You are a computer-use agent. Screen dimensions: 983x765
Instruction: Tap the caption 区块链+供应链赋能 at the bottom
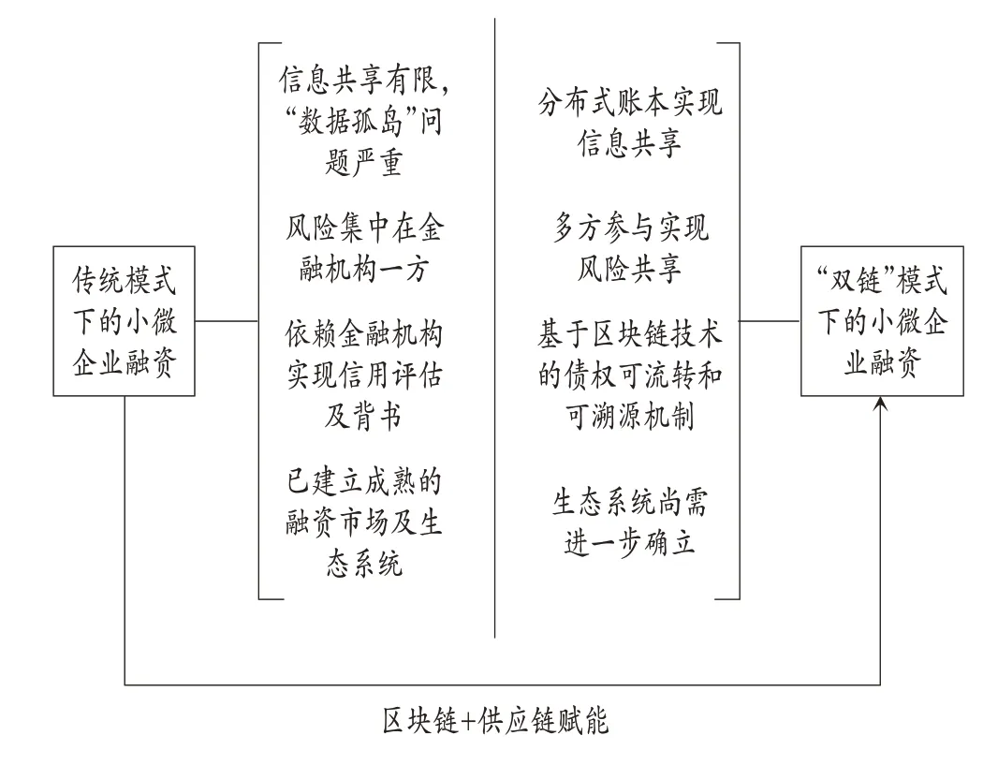(495, 721)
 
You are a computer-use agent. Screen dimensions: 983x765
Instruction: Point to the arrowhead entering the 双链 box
(880, 405)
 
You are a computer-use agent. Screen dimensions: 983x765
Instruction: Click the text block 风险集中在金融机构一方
(364, 248)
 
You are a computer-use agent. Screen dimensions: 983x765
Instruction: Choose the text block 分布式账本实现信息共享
(630, 123)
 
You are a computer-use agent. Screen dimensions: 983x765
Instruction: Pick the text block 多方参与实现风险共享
(630, 248)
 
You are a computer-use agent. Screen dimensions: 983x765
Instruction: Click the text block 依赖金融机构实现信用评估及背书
(364, 375)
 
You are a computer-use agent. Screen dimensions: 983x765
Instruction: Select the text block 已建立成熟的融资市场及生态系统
(364, 522)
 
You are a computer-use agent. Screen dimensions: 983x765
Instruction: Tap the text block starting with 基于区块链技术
(630, 375)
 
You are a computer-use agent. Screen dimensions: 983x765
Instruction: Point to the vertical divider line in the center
(494, 328)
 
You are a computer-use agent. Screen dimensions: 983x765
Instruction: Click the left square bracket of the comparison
(259, 321)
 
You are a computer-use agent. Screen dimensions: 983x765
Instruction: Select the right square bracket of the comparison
(740, 321)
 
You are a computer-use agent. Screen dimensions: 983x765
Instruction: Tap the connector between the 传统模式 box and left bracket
(227, 321)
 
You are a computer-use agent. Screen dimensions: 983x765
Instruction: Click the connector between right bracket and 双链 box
(770, 321)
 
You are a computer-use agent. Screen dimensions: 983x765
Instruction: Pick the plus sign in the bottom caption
(468, 722)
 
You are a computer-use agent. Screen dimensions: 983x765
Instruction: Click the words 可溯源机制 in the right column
(630, 415)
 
